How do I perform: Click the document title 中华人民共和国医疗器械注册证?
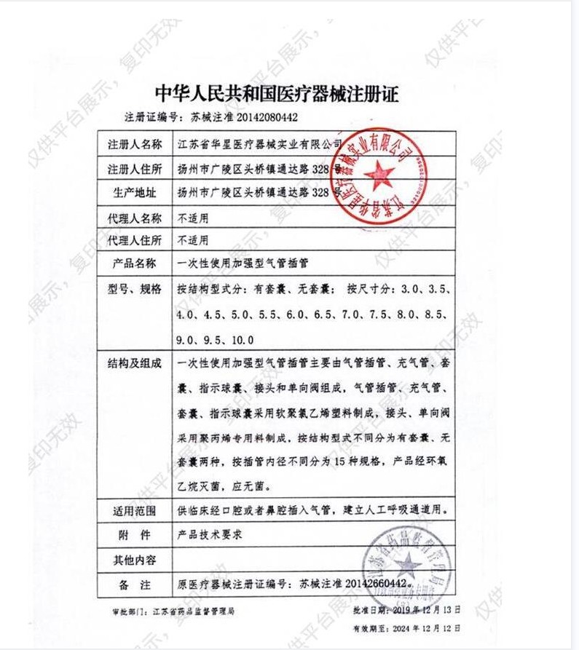click(278, 93)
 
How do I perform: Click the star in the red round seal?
click(379, 175)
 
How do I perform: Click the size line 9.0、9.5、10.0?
click(215, 339)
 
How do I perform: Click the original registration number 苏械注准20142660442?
click(353, 584)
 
